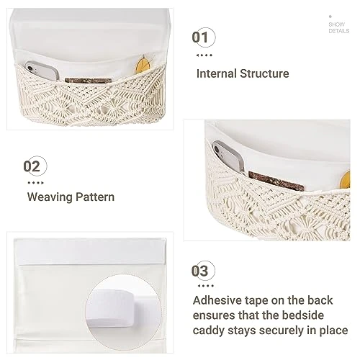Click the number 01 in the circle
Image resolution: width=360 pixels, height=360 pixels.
200,37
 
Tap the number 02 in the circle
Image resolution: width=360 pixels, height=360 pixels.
32,166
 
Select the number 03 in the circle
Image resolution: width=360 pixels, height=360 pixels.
199,271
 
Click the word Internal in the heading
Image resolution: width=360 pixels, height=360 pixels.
217,73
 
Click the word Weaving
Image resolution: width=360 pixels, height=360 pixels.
50,197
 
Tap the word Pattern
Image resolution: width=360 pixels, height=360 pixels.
95,197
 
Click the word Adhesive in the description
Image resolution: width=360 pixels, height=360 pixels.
217,300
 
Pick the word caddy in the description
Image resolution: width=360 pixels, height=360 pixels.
208,330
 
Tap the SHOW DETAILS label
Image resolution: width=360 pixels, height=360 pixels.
339,27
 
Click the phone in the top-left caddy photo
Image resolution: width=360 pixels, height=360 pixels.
42,71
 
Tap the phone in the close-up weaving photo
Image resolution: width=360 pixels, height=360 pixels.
228,156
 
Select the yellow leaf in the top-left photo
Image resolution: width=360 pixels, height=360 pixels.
143,64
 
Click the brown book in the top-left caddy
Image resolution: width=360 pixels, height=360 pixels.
89,81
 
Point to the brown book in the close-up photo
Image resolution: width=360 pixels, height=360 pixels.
276,181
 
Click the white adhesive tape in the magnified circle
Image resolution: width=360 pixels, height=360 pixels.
111,308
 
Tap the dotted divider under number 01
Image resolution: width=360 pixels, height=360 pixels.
204,55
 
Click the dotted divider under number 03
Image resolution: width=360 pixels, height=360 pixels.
206,286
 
